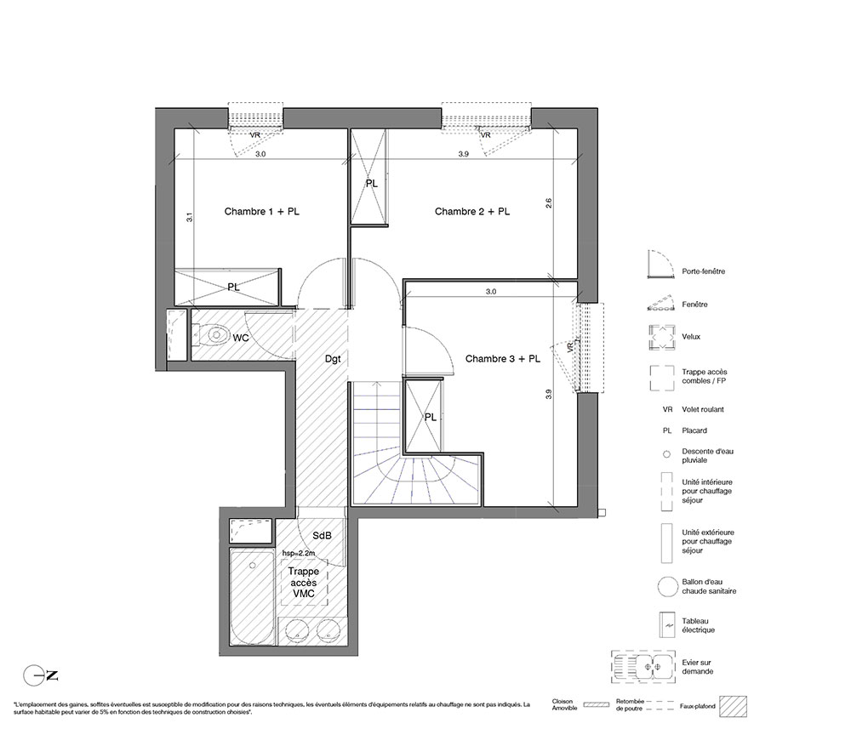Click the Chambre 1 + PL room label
[261, 212]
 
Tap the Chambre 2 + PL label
[472, 212]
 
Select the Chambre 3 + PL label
[503, 358]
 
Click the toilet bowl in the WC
[214, 335]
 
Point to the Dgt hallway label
[333, 359]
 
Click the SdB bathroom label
[322, 535]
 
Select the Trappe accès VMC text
[304, 583]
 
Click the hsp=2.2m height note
[299, 553]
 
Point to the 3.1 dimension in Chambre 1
[190, 217]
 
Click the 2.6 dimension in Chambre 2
[548, 203]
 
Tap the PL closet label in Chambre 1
[233, 287]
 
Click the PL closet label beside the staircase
[431, 418]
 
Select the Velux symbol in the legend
[661, 337]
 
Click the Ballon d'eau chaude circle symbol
[667, 587]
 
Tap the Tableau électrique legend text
[699, 625]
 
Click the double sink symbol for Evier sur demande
[643, 667]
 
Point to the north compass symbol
[40, 675]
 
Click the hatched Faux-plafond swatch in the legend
[733, 707]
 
